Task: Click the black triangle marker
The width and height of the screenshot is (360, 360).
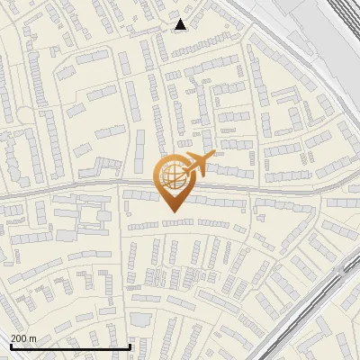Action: (181, 24)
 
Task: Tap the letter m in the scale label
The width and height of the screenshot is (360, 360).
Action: (34, 337)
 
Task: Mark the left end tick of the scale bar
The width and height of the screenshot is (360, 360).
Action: (11, 345)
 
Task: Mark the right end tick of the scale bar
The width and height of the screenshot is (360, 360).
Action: (130, 345)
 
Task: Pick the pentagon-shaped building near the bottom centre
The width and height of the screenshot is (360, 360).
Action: (139, 319)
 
